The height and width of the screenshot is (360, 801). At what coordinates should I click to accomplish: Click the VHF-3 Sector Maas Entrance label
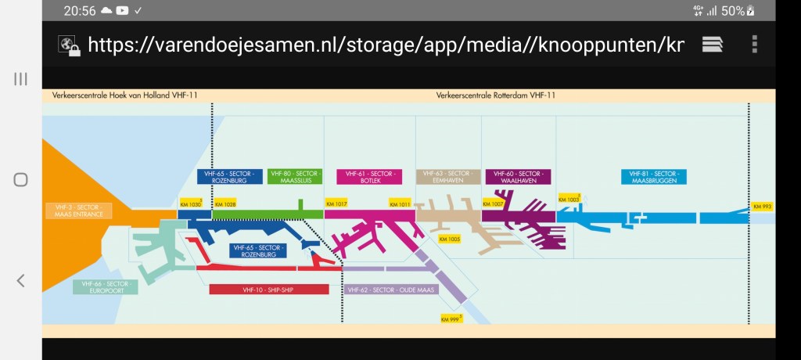point(78,211)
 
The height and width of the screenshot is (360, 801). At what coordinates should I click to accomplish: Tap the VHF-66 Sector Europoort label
point(105,287)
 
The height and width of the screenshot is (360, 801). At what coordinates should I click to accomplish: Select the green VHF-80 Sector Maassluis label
point(294,176)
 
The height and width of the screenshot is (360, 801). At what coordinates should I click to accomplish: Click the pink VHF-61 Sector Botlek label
point(368,176)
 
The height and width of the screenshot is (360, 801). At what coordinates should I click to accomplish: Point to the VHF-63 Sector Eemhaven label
point(446,176)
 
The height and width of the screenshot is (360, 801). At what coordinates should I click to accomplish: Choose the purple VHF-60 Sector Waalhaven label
point(517,176)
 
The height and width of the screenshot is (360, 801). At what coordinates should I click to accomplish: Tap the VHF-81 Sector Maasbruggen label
point(653,176)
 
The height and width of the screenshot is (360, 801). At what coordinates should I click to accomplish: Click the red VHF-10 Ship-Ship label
point(268,290)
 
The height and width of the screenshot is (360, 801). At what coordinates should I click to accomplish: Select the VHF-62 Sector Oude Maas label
point(390,290)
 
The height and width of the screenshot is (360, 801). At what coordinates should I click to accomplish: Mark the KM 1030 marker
point(191,204)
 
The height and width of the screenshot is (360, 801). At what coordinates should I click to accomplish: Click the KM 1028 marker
point(224,204)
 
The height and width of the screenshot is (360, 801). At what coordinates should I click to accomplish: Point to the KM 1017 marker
point(336,204)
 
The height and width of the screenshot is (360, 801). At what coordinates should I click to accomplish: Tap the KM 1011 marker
point(400,204)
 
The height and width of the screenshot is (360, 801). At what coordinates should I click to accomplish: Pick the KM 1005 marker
point(450,239)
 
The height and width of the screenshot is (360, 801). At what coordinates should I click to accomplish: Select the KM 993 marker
point(762,207)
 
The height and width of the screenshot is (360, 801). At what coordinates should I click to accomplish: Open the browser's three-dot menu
point(754,44)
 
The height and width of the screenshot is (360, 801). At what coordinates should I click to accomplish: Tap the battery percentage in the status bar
point(732,11)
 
